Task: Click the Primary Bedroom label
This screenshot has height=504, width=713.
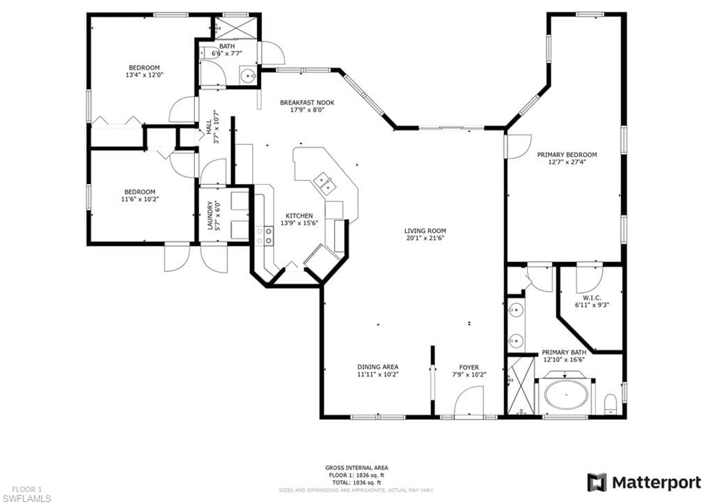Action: pos(567,155)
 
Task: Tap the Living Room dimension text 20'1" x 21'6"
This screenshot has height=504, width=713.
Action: pos(425,238)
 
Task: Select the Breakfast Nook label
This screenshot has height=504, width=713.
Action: pos(307,102)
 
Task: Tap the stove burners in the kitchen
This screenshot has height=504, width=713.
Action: pos(264,236)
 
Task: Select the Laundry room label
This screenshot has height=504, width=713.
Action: pos(210,215)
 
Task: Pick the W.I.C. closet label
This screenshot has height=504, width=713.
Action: pos(592,298)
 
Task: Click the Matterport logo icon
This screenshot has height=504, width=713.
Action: pos(597,482)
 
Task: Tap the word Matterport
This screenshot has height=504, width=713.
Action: pos(656,482)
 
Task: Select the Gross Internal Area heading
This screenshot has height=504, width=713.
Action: pos(356,468)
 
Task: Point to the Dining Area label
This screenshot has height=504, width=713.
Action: pos(377,367)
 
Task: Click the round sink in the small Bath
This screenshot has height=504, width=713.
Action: pos(248,76)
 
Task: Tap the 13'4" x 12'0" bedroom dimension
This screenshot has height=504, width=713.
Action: pos(144,75)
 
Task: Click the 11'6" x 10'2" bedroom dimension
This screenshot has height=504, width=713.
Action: pos(140,199)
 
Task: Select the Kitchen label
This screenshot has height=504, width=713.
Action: pos(299,216)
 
